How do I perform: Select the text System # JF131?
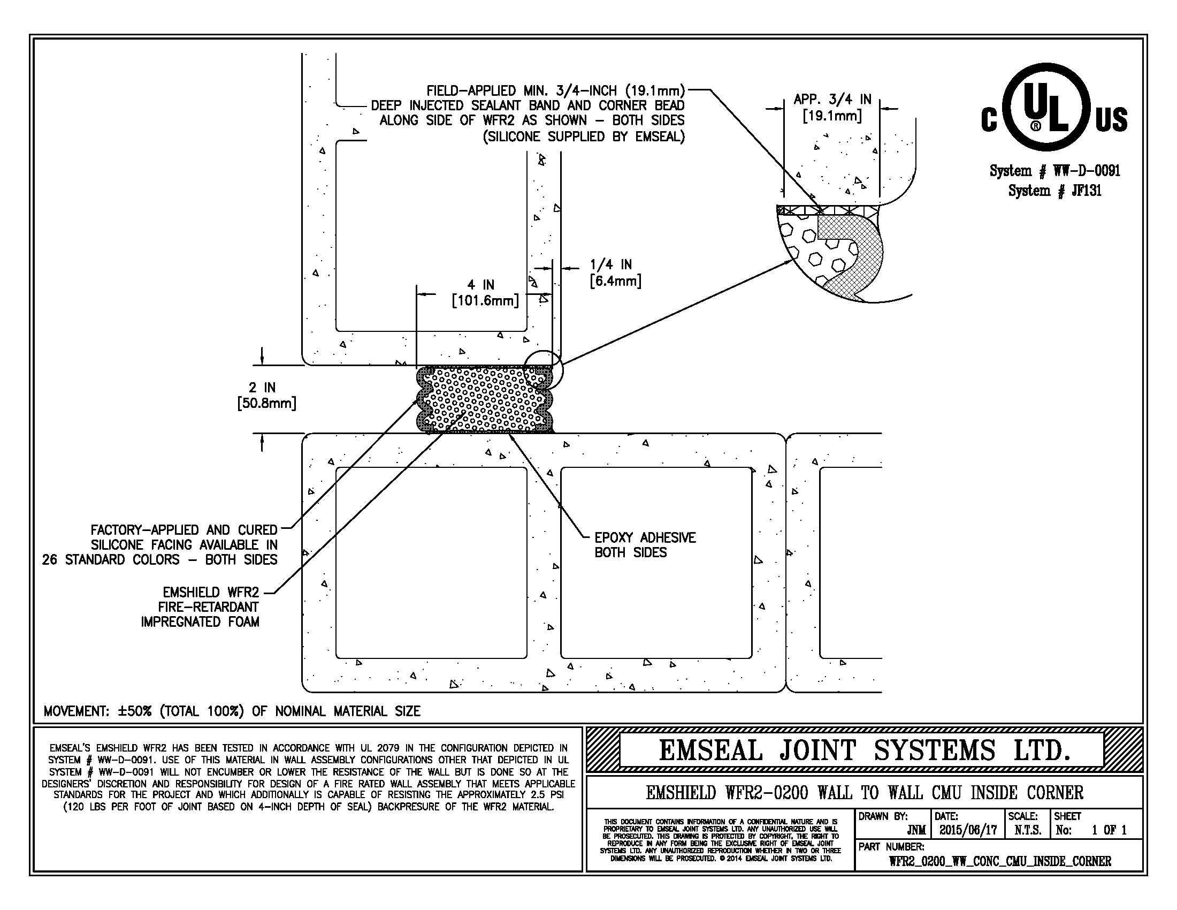point(1054,191)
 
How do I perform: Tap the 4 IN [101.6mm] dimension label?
point(485,293)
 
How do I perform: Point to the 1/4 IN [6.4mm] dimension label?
point(615,273)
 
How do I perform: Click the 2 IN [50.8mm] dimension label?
point(266,395)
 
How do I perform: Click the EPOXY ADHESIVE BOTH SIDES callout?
point(645,545)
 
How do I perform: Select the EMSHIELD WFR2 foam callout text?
point(200,607)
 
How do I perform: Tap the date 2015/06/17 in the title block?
point(968,830)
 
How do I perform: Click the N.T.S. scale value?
point(1027,830)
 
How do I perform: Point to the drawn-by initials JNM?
point(916,831)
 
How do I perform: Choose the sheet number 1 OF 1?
point(1109,830)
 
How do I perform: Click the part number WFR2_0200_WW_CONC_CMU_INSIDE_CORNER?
point(1000,861)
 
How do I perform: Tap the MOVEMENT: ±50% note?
point(232,711)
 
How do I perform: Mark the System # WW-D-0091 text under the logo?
point(1054,171)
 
